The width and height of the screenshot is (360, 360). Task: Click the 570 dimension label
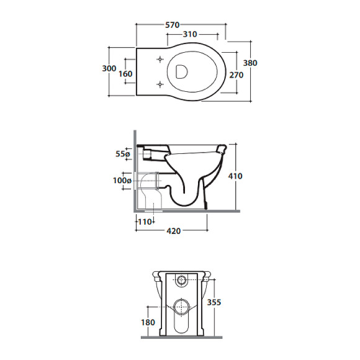(172, 25)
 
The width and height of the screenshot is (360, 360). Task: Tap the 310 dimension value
(190, 34)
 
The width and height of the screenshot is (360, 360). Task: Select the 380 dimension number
(250, 63)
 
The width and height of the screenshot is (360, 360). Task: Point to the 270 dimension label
(236, 75)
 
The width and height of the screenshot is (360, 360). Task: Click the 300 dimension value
(109, 68)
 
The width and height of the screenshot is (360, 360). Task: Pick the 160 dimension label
(125, 74)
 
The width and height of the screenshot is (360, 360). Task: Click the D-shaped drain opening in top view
(181, 71)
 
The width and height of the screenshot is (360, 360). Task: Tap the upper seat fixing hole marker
(160, 60)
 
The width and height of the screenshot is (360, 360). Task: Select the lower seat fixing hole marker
(160, 84)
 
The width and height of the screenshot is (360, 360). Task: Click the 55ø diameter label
(123, 153)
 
